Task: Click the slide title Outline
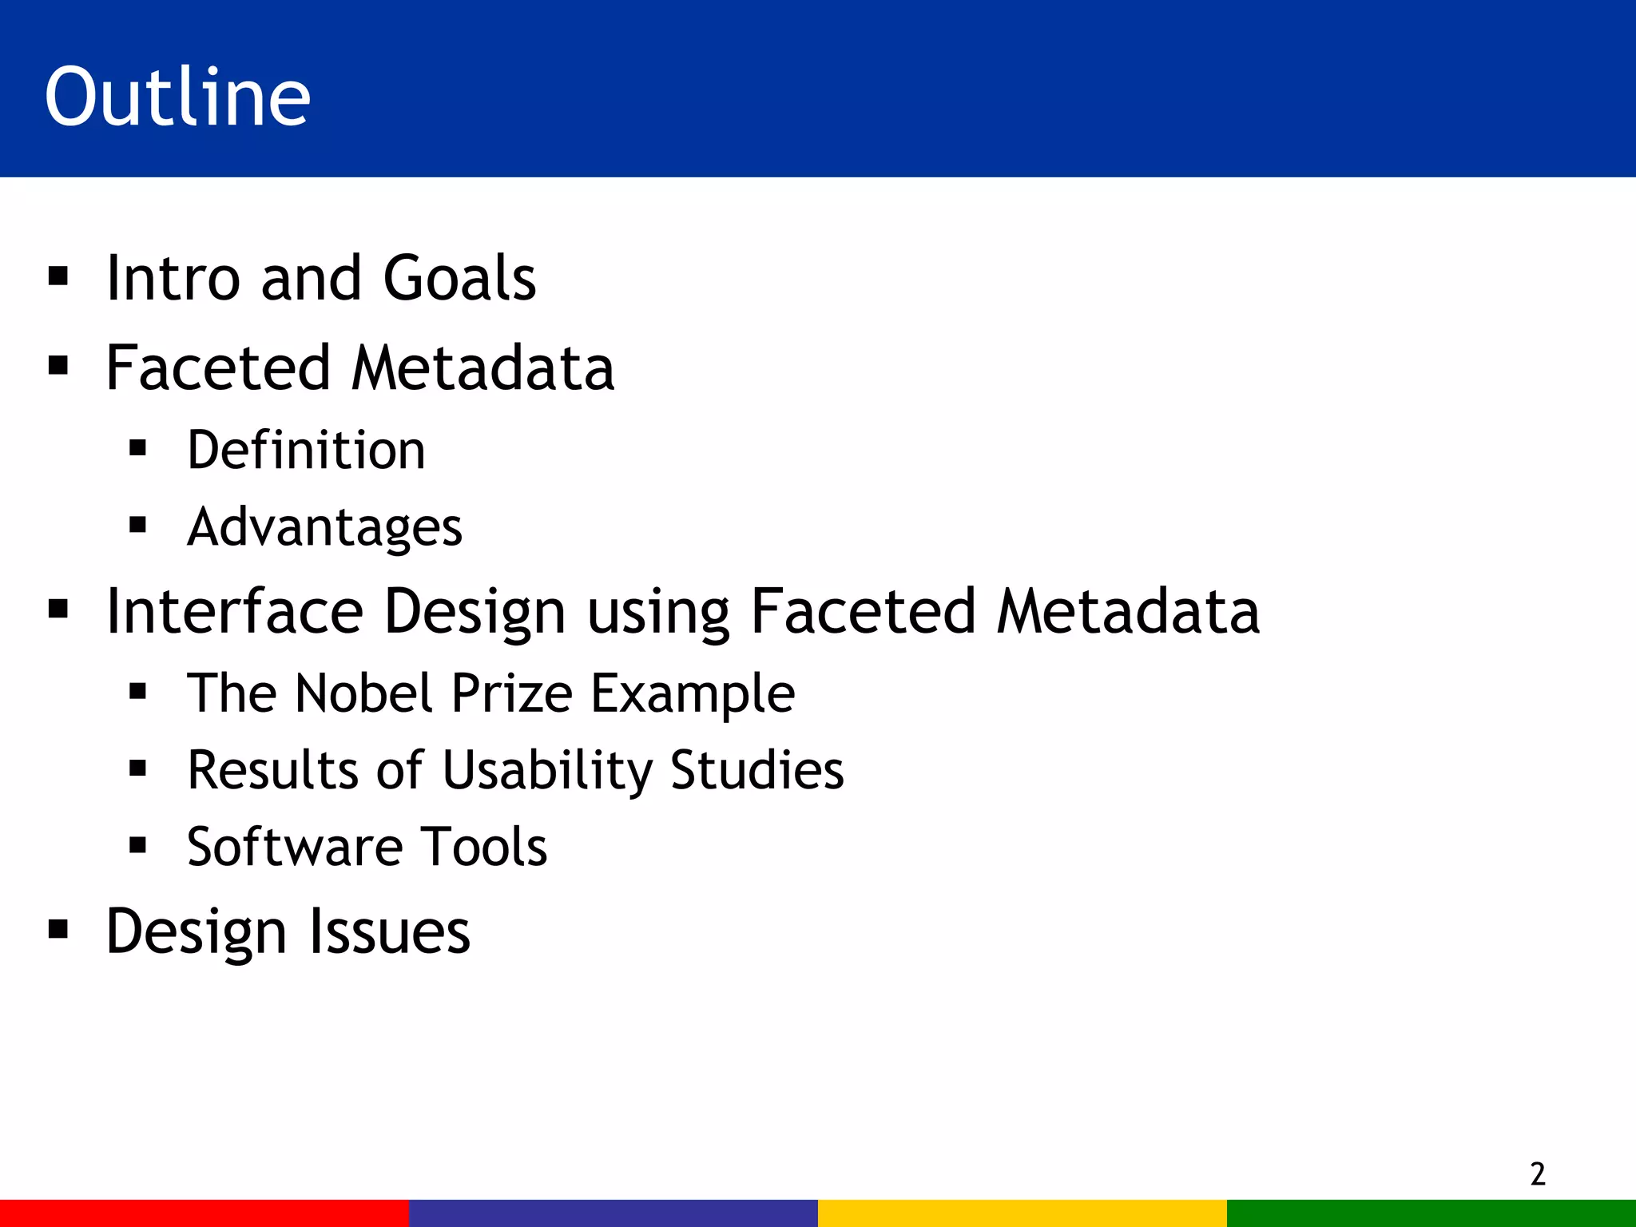coord(177,97)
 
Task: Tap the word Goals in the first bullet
coord(459,278)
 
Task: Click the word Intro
coord(173,278)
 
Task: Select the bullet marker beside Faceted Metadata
coord(58,366)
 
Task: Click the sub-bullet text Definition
coord(306,450)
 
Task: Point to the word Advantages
coord(324,527)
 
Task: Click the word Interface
coord(234,611)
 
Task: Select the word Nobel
coord(364,693)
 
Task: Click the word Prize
coord(511,693)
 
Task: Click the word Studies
coord(756,769)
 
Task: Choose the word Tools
coord(484,847)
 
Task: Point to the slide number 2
coord(1538,1174)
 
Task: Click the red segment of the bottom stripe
coord(204,1213)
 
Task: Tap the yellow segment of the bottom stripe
coord(1022,1213)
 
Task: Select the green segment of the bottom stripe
coord(1431,1213)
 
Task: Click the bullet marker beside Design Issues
coord(58,929)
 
